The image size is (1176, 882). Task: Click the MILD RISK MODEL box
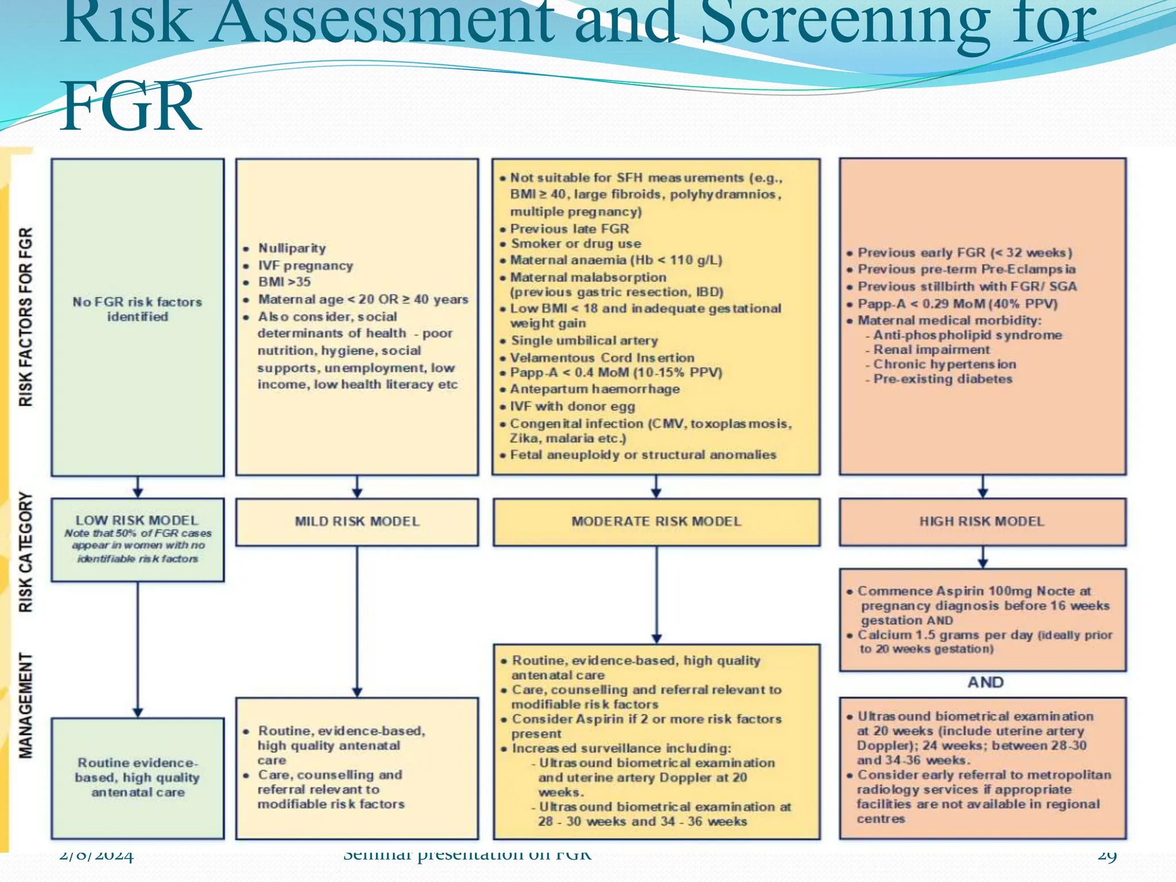357,521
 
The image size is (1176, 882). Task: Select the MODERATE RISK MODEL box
656,521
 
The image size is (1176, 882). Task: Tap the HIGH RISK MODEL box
982,521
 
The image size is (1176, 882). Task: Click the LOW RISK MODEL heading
137,520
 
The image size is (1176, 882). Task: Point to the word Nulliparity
292,248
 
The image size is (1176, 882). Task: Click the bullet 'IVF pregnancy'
305,265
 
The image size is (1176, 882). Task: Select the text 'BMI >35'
284,282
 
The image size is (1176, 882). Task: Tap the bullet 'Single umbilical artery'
584,341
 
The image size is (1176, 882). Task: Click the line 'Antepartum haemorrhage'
594,389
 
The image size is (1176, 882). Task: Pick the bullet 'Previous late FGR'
569,229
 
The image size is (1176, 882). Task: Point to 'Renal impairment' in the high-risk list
931,350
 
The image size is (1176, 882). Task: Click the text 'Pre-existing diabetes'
942,379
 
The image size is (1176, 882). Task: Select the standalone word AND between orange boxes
985,682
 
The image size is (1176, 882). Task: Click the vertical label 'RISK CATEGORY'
26,552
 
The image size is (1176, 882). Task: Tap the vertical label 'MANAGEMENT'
26,705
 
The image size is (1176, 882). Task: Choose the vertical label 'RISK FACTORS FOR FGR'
26,317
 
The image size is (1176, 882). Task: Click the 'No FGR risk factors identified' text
137,309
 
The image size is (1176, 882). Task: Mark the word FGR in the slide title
131,107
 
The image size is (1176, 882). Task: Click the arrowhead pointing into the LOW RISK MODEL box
138,492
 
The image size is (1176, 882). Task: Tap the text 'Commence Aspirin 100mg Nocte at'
974,591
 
